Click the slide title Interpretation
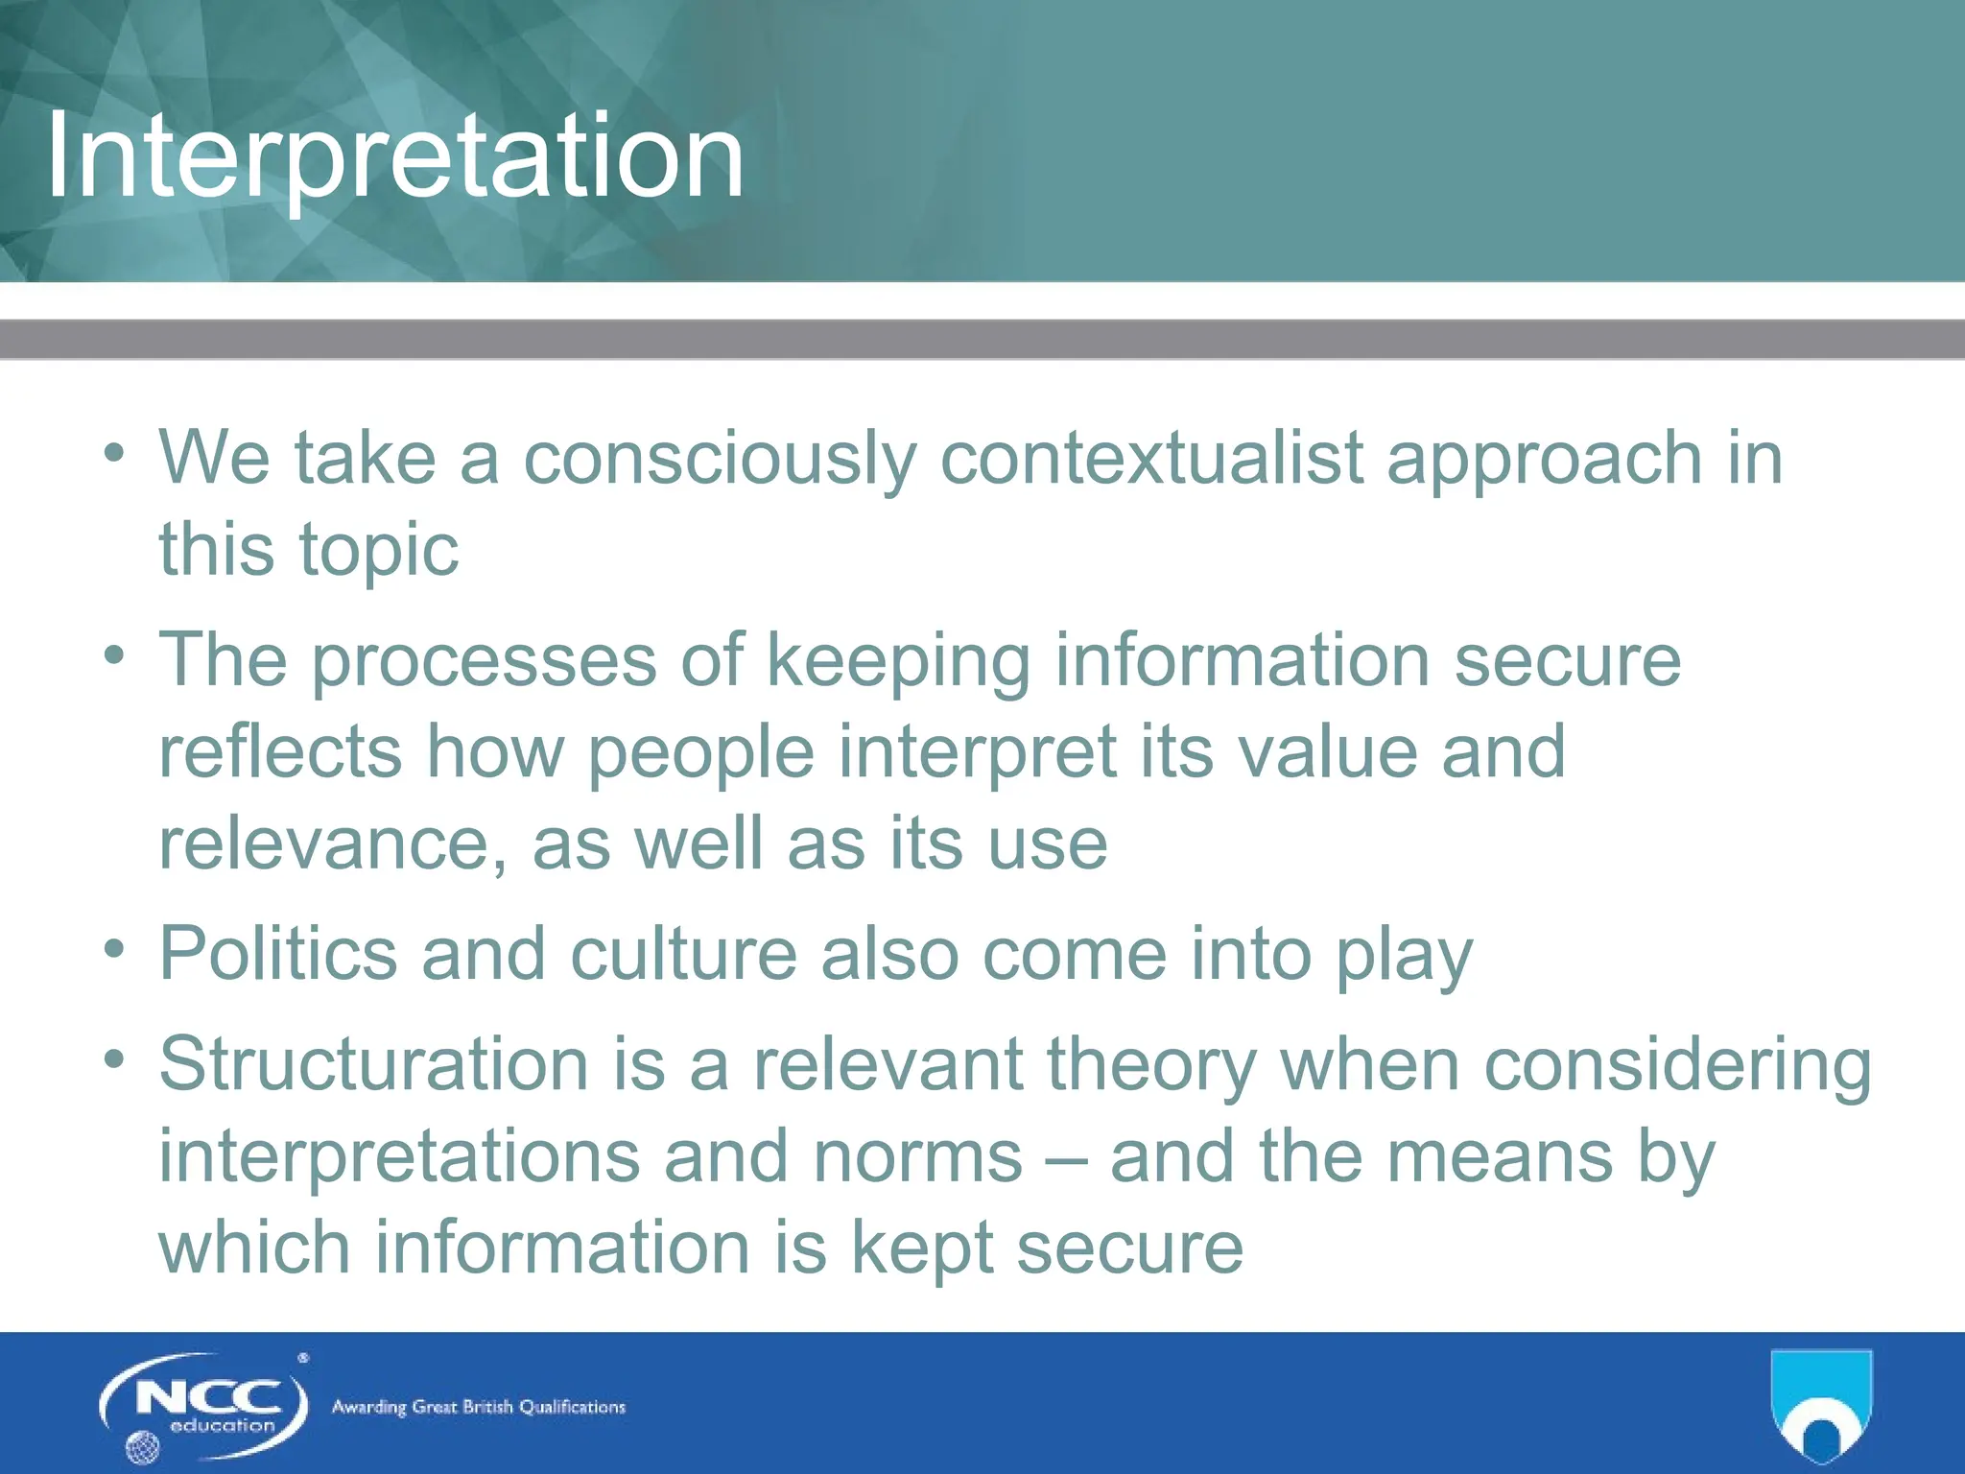pos(395,155)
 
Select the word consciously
pos(720,458)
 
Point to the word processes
pos(485,661)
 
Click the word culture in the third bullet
pos(683,954)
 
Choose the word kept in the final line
pos(922,1248)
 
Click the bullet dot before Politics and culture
pos(115,948)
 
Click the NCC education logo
pos(204,1407)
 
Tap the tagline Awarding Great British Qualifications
pos(478,1408)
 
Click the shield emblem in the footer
pos(1821,1406)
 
